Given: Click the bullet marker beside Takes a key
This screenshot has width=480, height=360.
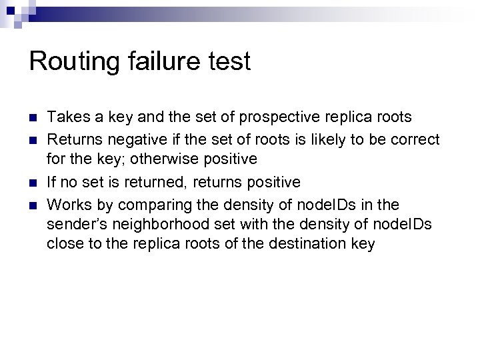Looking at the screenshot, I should pyautogui.click(x=33, y=119).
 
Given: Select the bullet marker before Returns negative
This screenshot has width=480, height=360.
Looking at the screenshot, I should pyautogui.click(x=33, y=140).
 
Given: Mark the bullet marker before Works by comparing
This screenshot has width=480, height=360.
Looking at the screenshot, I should pyautogui.click(x=33, y=204).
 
